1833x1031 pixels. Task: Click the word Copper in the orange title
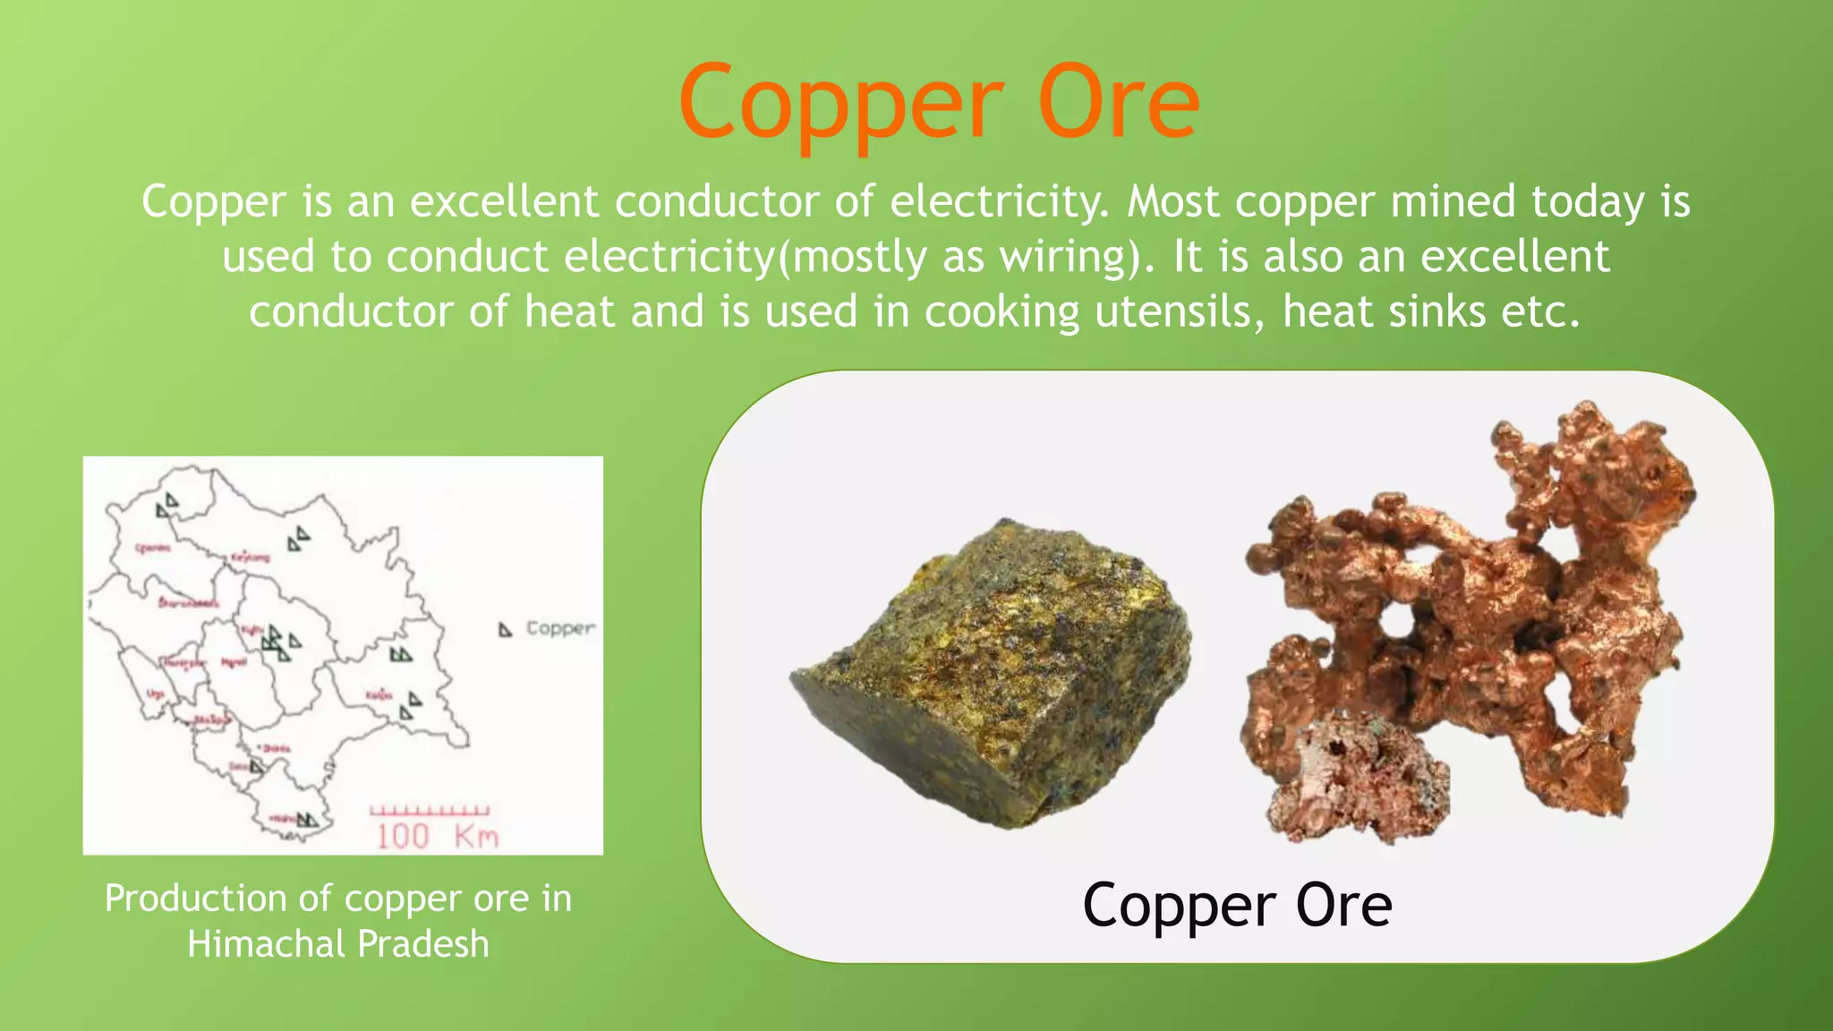(840, 105)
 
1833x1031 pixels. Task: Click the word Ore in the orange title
(1118, 105)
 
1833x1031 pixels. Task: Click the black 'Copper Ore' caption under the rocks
(1237, 905)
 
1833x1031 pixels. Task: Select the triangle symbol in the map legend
(505, 630)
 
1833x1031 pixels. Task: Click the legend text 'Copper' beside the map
(560, 628)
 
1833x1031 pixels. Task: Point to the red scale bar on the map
(430, 811)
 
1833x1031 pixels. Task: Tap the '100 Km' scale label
(437, 837)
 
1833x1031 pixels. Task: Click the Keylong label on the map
(251, 558)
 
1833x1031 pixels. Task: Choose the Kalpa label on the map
(379, 694)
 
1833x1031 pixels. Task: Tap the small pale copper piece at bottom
(1356, 774)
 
